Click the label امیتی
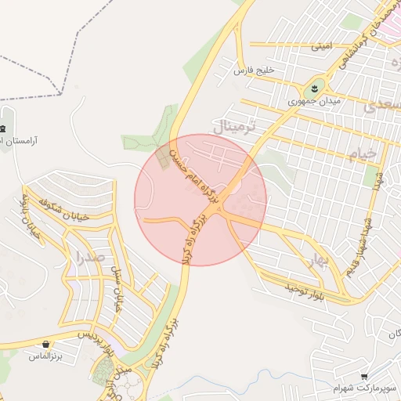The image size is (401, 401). coord(322,46)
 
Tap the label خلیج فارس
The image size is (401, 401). coord(255,70)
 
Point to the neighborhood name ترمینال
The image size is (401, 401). coord(234,126)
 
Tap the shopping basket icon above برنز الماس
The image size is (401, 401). coord(46,344)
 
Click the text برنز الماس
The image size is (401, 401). coord(45,356)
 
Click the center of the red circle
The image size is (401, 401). coord(200,200)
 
